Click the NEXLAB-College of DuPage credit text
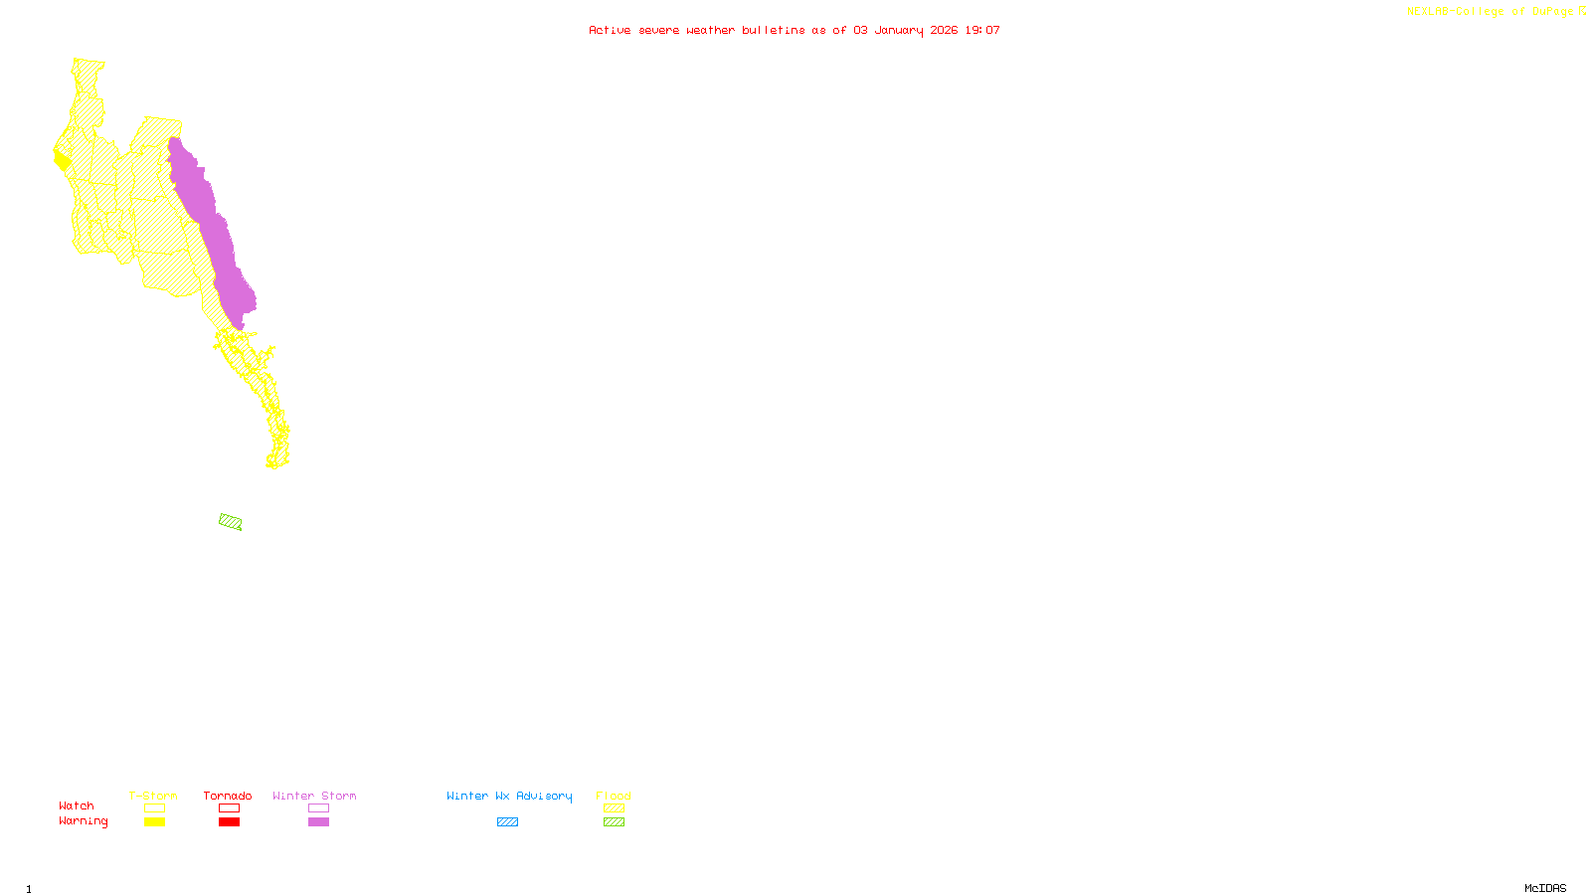pyautogui.click(x=1491, y=12)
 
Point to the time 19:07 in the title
pyautogui.click(x=981, y=30)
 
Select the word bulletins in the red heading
pyautogui.click(x=773, y=30)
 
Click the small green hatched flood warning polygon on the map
pyautogui.click(x=231, y=522)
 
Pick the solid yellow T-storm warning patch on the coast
pyautogui.click(x=62, y=159)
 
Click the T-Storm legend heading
pyautogui.click(x=153, y=796)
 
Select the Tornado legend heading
pyautogui.click(x=228, y=796)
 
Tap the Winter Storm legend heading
pyautogui.click(x=314, y=796)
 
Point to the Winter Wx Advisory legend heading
pyautogui.click(x=509, y=796)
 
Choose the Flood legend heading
pyautogui.click(x=614, y=796)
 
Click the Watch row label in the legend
pyautogui.click(x=77, y=805)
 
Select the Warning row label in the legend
pyautogui.click(x=83, y=821)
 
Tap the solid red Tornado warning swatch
pyautogui.click(x=230, y=822)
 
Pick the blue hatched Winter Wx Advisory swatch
pyautogui.click(x=507, y=822)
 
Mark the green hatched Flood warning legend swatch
pyautogui.click(x=614, y=822)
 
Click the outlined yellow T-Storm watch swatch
pyautogui.click(x=154, y=808)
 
